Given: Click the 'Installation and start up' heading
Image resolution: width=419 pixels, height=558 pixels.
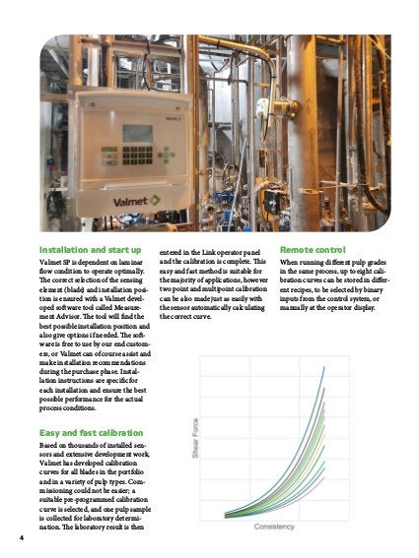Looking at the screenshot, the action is pyautogui.click(x=89, y=249).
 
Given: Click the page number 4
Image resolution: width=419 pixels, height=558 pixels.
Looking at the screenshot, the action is pyautogui.click(x=21, y=538).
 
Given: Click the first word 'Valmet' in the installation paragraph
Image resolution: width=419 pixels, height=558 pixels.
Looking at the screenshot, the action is pyautogui.click(x=53, y=265).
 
